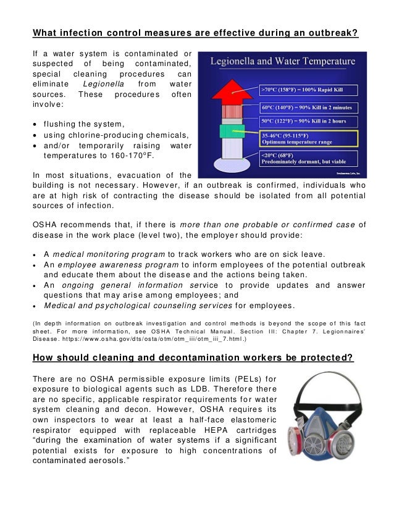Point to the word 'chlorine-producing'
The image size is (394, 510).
point(111,135)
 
